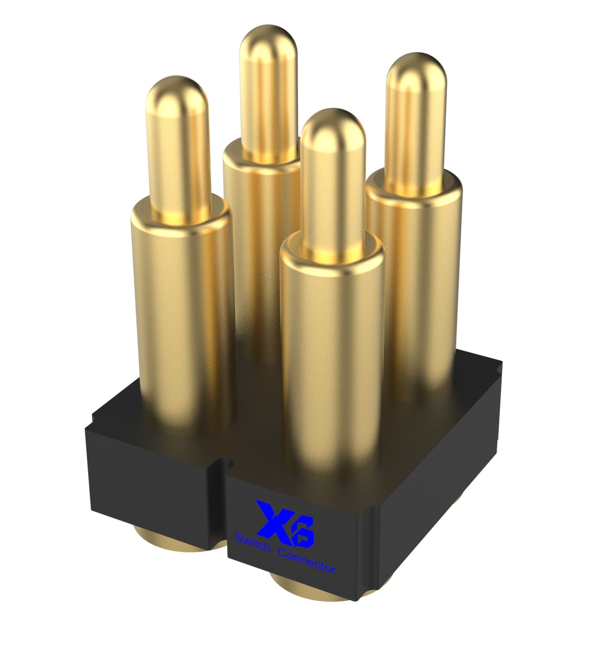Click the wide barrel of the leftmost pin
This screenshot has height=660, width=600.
(183, 316)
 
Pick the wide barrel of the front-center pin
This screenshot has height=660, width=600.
(332, 355)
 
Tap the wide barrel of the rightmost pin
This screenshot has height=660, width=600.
(415, 286)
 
